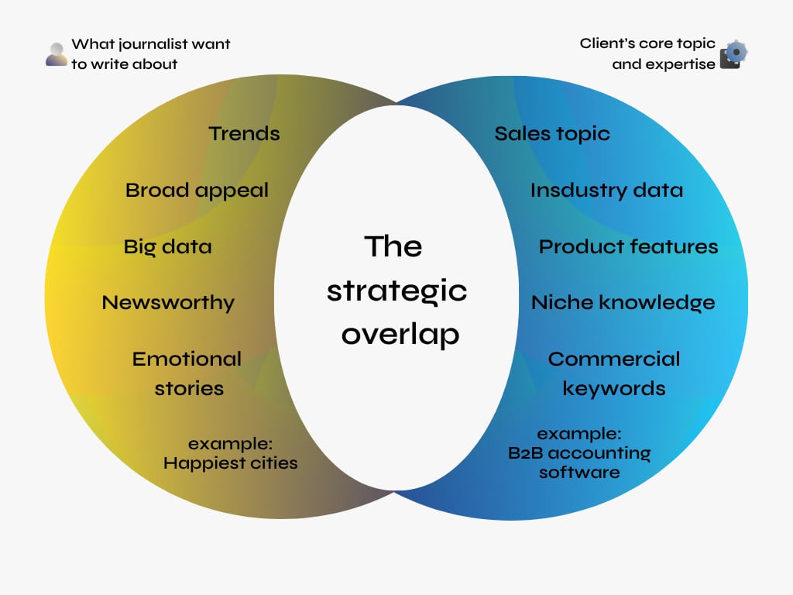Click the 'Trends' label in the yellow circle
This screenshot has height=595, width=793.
tap(244, 133)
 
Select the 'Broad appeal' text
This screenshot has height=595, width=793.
tap(197, 191)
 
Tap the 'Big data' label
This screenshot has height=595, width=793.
tap(167, 247)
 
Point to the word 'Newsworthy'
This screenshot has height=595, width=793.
tap(168, 303)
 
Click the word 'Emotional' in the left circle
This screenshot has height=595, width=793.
tap(187, 359)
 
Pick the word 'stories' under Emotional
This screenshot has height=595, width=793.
tap(189, 389)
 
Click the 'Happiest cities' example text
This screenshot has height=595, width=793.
tap(231, 463)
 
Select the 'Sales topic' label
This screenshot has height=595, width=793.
tap(552, 134)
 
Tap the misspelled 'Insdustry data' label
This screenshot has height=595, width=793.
tap(607, 191)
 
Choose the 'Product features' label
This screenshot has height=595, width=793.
tap(629, 247)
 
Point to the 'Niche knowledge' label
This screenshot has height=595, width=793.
tap(623, 303)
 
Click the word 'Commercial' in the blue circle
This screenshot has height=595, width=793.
tap(614, 359)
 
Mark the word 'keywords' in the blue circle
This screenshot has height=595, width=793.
tap(614, 389)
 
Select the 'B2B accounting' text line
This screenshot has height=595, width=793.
tap(579, 452)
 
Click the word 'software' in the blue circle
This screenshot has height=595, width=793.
tap(579, 473)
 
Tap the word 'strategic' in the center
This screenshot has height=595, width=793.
tap(397, 291)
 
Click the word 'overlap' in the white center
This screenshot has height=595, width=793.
tap(400, 334)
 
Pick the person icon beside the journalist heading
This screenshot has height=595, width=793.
tap(56, 54)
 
